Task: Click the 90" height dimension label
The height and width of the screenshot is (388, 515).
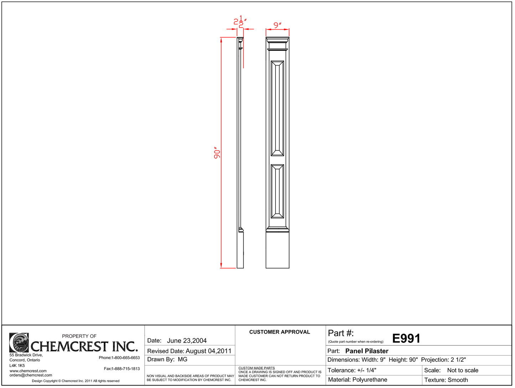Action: pos(217,153)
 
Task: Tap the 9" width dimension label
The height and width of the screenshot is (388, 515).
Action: pos(278,25)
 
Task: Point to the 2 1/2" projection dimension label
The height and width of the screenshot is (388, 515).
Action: pos(240,22)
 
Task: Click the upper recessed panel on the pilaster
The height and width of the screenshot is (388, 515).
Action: pos(277,108)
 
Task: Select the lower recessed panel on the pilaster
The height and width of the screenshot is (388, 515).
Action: pos(277,191)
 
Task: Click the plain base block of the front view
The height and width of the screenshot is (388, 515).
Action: pos(277,250)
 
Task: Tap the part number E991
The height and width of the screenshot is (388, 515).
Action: pos(406,339)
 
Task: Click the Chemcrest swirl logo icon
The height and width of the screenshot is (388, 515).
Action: pos(19,343)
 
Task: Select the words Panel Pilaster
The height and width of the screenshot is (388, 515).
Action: pos(367,351)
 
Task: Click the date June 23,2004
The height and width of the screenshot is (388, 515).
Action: pos(187,341)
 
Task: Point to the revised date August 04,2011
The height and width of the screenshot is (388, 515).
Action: pos(208,351)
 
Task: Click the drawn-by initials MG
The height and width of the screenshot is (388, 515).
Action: pos(182,360)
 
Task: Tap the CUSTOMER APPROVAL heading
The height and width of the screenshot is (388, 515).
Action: pos(280,332)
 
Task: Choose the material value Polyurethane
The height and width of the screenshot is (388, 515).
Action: pos(370,380)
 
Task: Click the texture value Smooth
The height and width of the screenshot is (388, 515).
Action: pos(458,380)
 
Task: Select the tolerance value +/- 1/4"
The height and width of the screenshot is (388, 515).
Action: pos(367,370)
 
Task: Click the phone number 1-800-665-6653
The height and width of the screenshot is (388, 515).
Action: pos(125,358)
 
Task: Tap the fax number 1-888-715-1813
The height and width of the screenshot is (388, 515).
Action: pos(125,369)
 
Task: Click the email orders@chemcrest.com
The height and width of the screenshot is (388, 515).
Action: pos(31,375)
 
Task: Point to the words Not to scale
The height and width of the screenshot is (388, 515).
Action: pos(463,370)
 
